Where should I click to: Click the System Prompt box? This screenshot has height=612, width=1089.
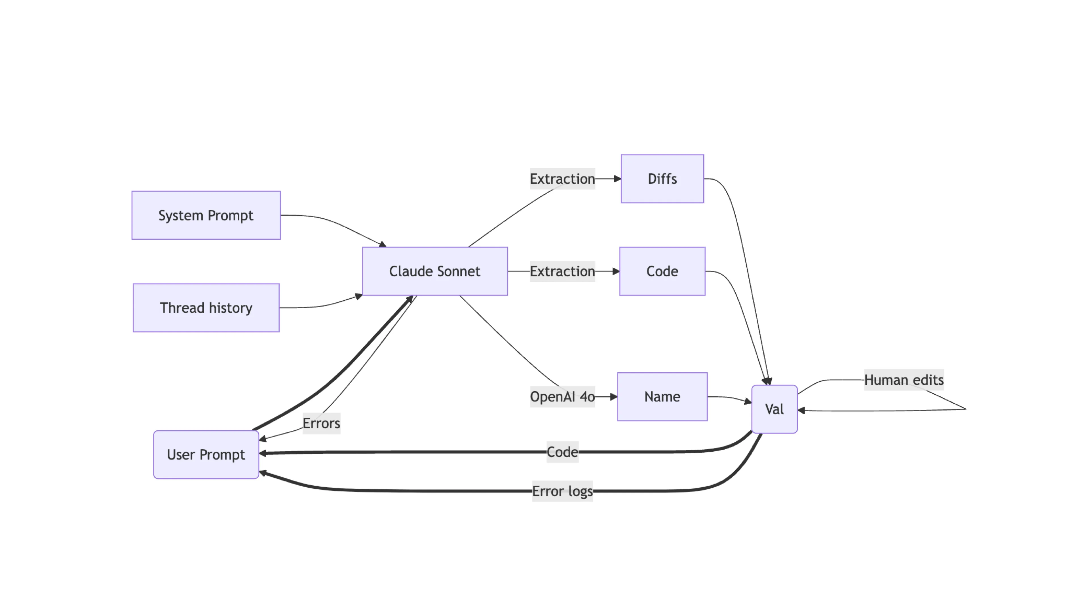coord(206,215)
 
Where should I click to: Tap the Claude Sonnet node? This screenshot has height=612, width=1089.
coord(434,271)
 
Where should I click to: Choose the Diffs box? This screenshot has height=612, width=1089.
coord(662,179)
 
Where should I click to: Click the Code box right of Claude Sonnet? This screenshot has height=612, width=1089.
coord(662,271)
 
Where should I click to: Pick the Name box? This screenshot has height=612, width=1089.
coord(662,397)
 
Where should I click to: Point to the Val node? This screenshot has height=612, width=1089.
coord(774,409)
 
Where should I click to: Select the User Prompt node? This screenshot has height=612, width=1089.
coord(206,454)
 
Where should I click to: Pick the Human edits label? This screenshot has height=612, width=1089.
coord(904,380)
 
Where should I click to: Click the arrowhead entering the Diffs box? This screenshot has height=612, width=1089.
coord(617,179)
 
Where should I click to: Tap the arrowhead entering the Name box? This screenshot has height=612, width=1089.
coord(614,397)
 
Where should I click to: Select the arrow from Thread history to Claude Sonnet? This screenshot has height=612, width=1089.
coord(326,305)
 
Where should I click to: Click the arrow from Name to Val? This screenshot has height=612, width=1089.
coord(729,398)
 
